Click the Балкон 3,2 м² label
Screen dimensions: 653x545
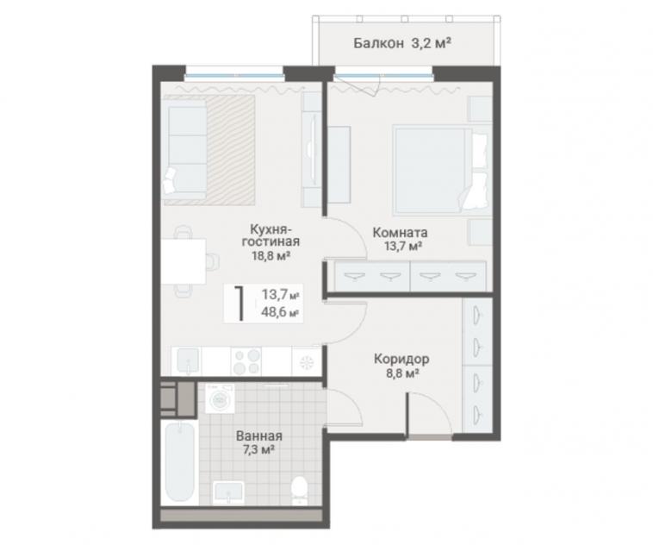[x=402, y=43]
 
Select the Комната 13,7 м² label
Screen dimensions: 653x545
[x=400, y=239]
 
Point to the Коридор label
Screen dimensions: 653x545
[x=401, y=359]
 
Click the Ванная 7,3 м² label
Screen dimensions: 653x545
[x=259, y=442]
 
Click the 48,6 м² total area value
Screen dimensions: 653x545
[x=280, y=311]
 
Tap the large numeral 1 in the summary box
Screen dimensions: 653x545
[x=239, y=304]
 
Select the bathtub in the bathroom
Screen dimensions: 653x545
[x=180, y=462]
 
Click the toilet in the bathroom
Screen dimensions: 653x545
[x=299, y=490]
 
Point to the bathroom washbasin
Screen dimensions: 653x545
[x=228, y=493]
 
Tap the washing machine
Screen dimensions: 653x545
[x=220, y=399]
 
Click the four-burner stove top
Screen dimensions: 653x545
[x=246, y=361]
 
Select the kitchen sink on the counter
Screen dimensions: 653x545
[x=188, y=360]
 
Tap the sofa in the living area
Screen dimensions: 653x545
[x=185, y=149]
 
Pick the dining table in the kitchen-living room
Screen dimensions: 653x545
[x=183, y=261]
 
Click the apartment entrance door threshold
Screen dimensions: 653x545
[x=429, y=437]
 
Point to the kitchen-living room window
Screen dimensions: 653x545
[x=234, y=76]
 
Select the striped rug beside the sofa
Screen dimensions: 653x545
[x=230, y=150]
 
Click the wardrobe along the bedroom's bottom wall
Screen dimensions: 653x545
[x=410, y=276]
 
